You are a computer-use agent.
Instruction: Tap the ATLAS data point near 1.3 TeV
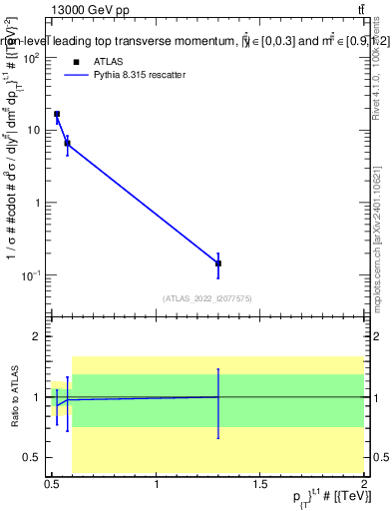point(218,263)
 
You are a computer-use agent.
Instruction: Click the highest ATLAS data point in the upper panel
point(57,114)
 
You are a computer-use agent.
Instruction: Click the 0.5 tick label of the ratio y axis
point(32,457)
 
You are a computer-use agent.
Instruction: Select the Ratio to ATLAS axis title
point(11,396)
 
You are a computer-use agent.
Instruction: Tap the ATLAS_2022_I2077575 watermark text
point(209,297)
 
